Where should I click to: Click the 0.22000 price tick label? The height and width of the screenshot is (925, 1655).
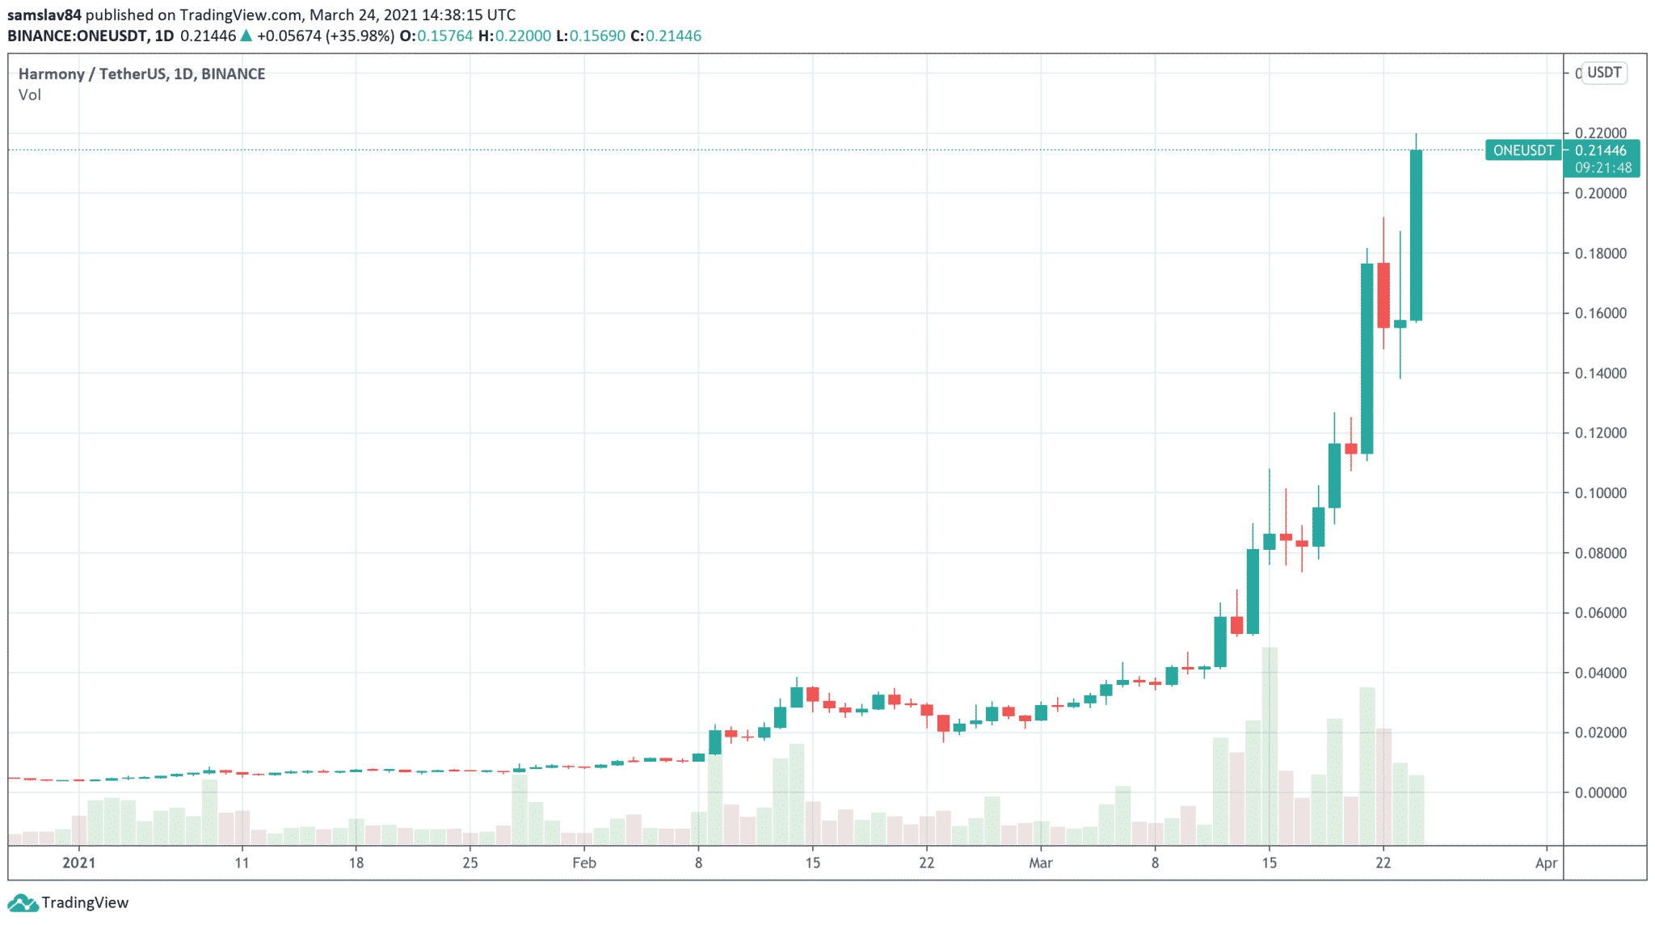tap(1600, 133)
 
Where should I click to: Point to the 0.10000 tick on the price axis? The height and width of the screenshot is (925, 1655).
tap(1600, 493)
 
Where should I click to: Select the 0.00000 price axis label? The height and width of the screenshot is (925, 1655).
tap(1600, 793)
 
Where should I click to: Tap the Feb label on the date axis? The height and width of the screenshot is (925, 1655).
tap(583, 864)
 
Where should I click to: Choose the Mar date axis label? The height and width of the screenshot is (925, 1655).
tap(1040, 864)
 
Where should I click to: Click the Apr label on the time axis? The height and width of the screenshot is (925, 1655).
tap(1545, 864)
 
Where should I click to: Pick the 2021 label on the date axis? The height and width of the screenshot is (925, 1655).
tap(79, 864)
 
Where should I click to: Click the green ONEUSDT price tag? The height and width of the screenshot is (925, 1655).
tap(1523, 150)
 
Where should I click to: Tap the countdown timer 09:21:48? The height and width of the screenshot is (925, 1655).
tap(1602, 168)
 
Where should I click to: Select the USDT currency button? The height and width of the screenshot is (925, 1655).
tap(1603, 73)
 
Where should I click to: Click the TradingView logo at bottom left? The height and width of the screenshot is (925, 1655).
tap(68, 902)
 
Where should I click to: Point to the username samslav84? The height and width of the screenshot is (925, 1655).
tap(44, 15)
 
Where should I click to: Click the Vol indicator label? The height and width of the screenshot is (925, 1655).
tap(30, 95)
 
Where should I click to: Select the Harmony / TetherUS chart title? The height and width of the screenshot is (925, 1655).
tap(141, 74)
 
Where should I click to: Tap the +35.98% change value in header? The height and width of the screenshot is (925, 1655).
tap(360, 36)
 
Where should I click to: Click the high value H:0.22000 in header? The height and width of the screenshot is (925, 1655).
tap(515, 36)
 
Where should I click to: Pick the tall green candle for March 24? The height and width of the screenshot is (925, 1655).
tap(1416, 234)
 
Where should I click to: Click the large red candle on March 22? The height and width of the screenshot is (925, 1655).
tap(1383, 295)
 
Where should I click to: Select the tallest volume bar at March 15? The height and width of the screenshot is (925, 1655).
tap(1270, 744)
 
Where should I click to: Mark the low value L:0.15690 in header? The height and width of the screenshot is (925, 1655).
tap(591, 36)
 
